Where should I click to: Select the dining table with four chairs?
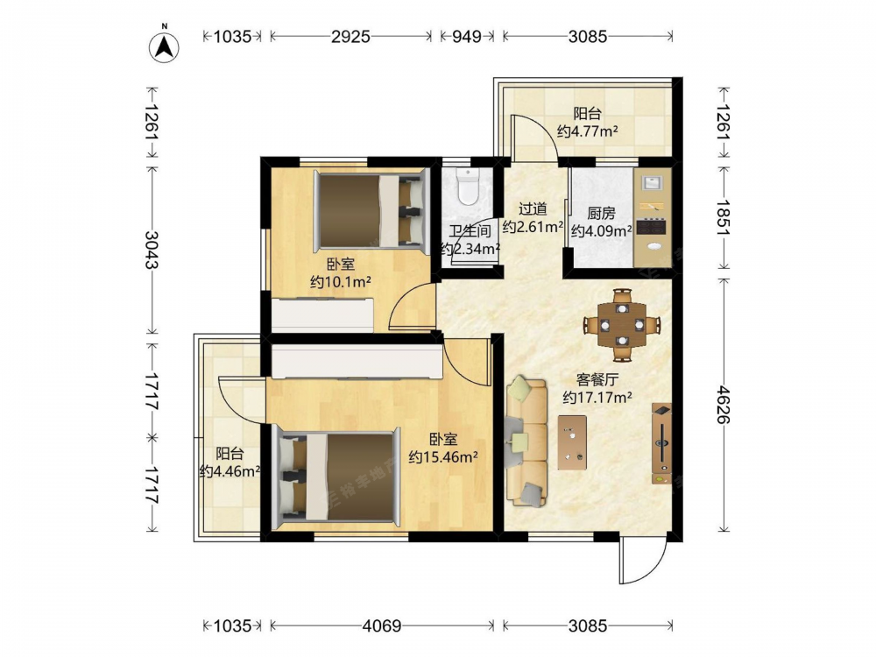(622, 325)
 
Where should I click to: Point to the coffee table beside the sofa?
(572, 442)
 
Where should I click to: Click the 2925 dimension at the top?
(350, 36)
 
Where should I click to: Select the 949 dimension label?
(467, 36)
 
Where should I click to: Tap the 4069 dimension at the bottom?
(382, 625)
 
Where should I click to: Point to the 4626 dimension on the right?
(724, 404)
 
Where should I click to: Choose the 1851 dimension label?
(724, 217)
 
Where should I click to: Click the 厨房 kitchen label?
(601, 214)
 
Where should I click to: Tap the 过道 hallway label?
(533, 209)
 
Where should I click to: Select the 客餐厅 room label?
(597, 380)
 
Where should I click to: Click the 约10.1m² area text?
(341, 282)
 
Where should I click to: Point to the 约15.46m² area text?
(443, 457)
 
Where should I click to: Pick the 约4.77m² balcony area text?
(587, 131)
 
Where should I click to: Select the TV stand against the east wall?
(662, 443)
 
